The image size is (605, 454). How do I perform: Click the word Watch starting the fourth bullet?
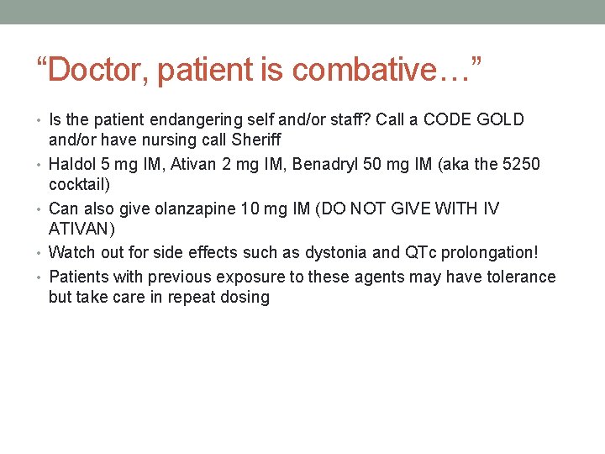coord(72,251)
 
